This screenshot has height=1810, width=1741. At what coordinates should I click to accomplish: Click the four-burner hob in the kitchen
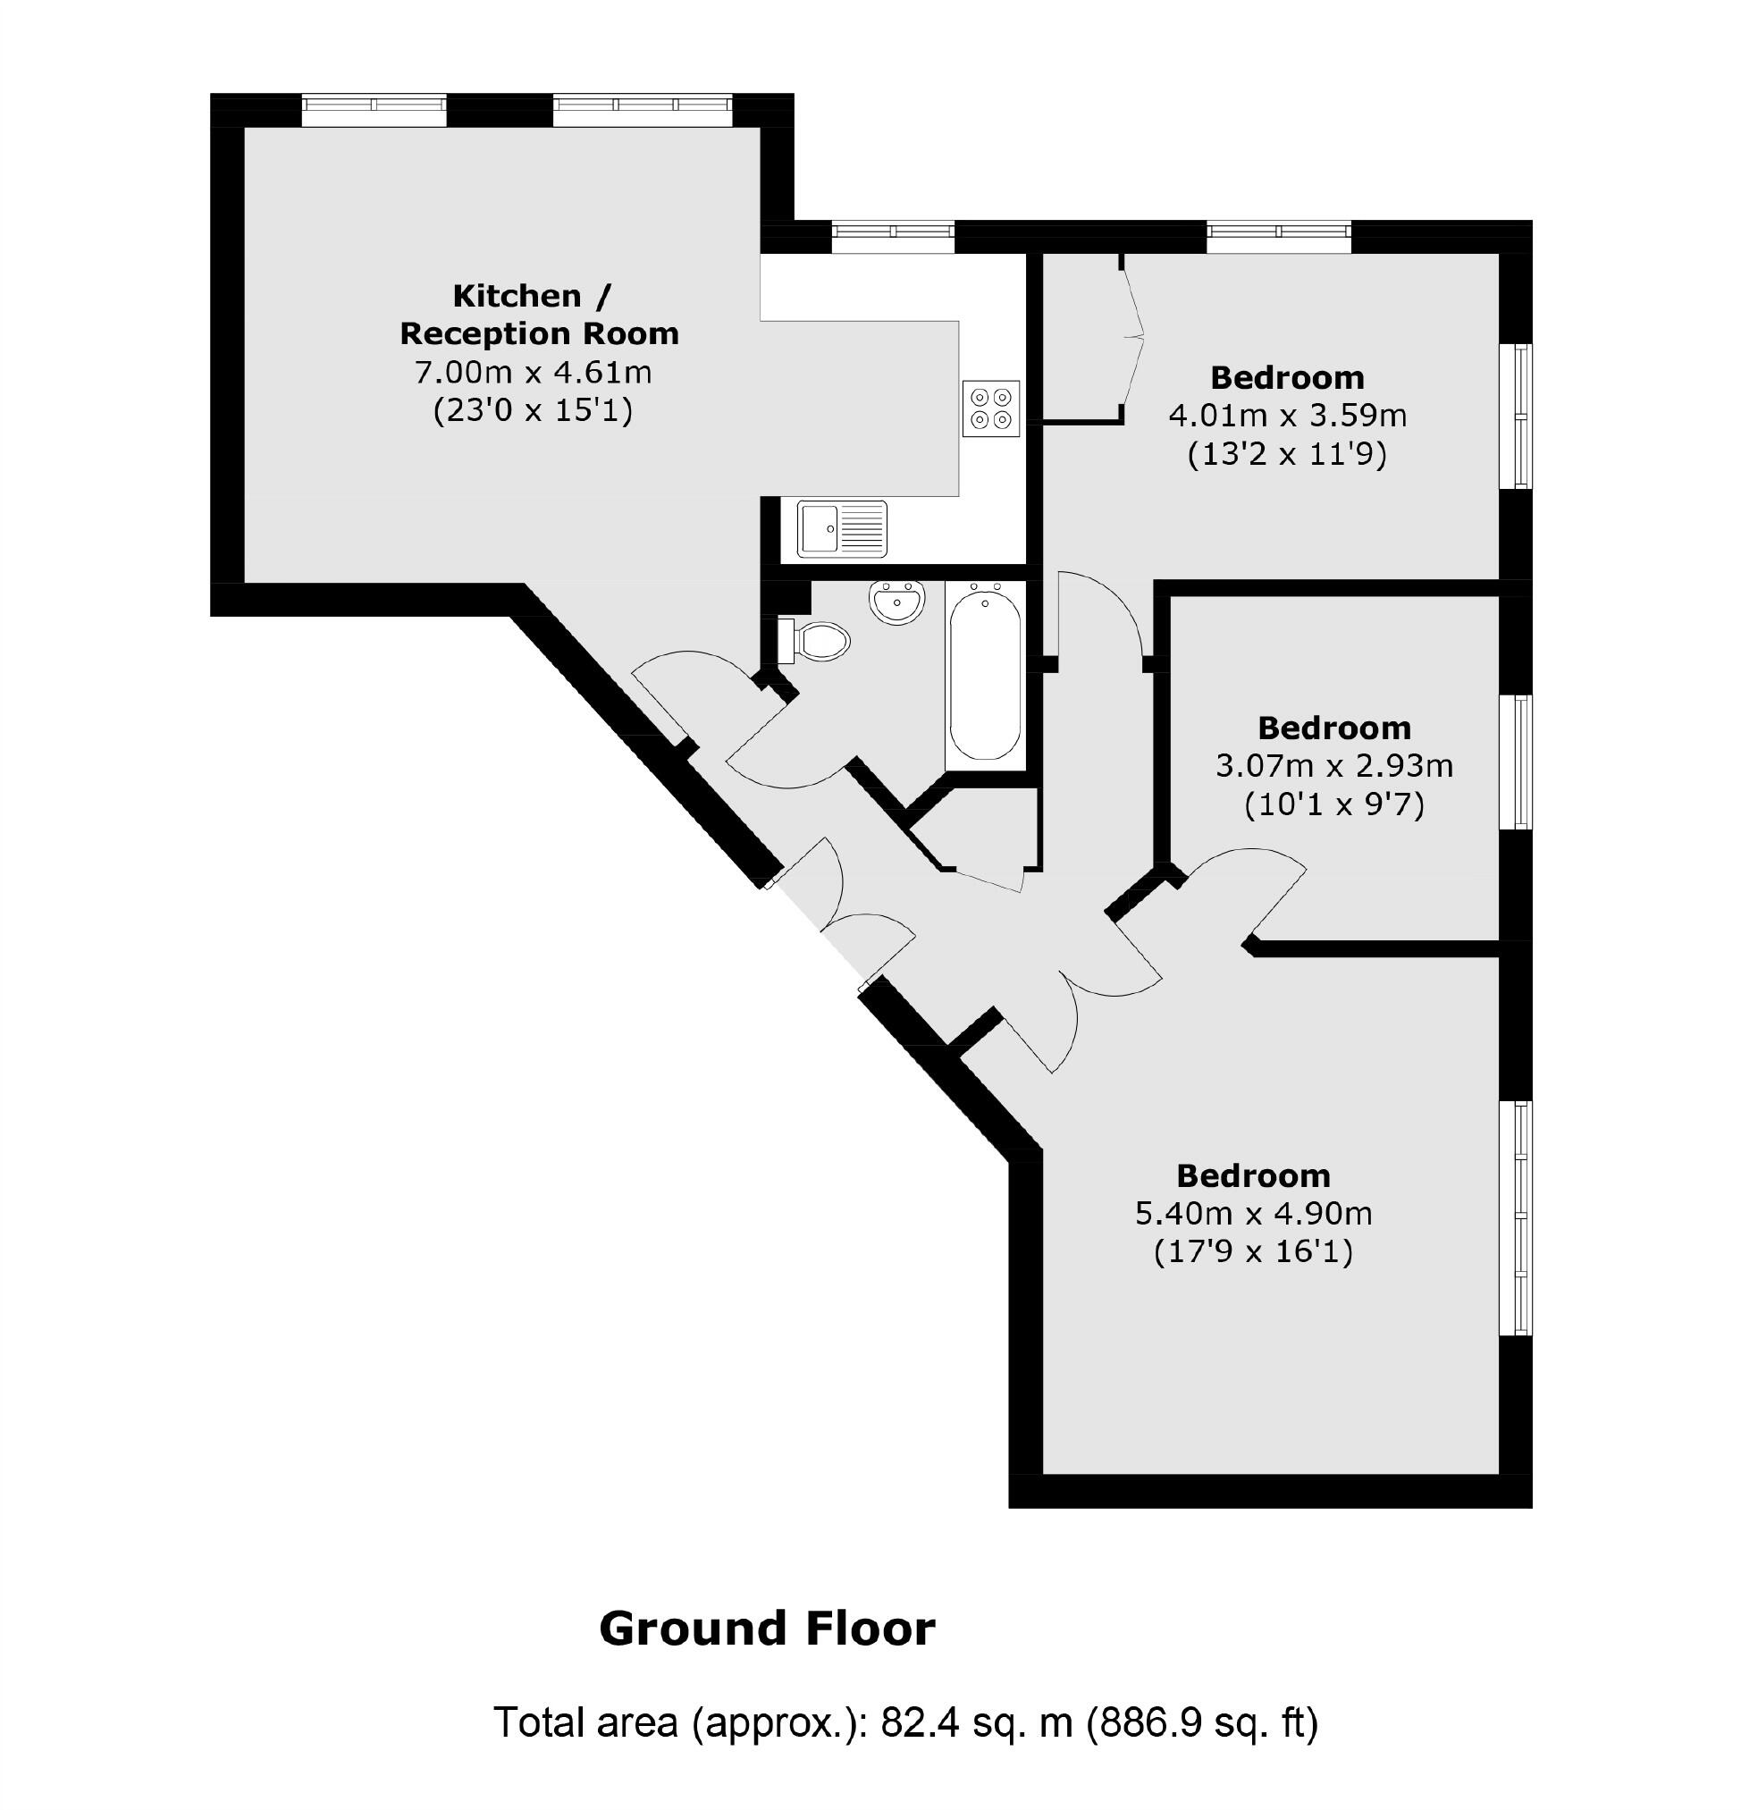click(990, 408)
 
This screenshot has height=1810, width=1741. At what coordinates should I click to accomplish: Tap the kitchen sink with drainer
click(841, 529)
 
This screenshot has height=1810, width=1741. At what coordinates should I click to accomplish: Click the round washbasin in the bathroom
click(896, 602)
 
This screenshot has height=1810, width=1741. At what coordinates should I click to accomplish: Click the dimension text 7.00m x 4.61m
click(533, 372)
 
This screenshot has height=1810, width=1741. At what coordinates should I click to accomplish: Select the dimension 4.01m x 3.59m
click(1287, 416)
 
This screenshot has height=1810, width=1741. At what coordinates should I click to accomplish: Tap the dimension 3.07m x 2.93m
click(1333, 765)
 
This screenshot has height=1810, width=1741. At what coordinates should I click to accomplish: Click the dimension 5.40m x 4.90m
click(1252, 1213)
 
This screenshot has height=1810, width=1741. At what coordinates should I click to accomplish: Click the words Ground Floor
click(767, 1628)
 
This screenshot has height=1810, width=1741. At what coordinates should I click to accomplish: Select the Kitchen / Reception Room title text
click(538, 314)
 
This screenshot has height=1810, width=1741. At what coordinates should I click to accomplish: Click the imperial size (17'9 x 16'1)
click(1252, 1251)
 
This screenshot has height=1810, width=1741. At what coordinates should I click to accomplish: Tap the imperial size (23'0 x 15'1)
click(533, 410)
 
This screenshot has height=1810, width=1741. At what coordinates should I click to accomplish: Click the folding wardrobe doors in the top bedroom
click(1133, 337)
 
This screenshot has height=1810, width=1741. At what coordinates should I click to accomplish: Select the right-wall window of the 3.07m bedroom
click(1514, 762)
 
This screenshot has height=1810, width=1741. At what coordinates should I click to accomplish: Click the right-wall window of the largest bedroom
click(1514, 1217)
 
